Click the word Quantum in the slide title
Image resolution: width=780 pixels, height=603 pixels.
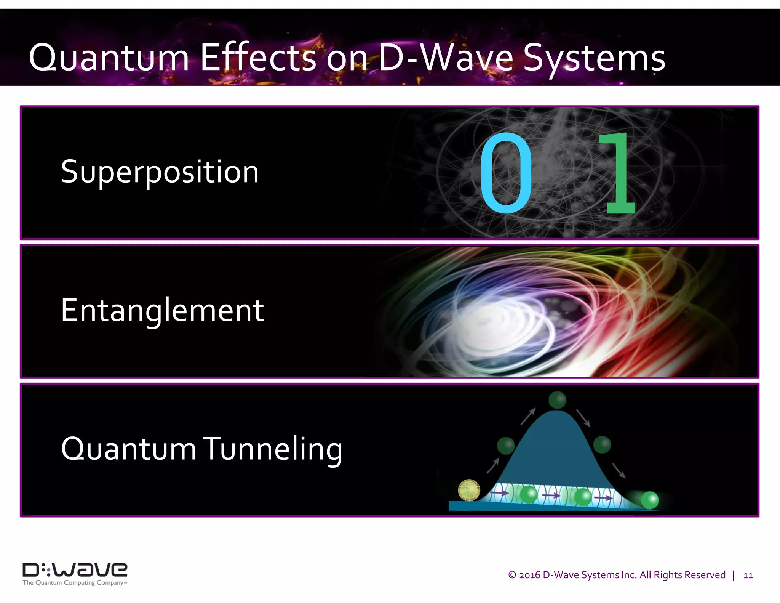pos(109,58)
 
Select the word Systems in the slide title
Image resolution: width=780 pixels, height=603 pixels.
pos(594,58)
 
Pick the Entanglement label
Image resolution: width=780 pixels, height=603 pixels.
pos(162,310)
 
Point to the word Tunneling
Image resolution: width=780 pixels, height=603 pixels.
pos(272,449)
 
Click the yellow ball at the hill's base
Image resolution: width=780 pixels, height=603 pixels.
pos(469,490)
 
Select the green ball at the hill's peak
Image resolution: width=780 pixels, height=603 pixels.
pos(557,400)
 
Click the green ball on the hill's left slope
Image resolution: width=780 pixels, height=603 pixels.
pos(506,445)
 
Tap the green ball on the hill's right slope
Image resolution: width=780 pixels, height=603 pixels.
pos(602,444)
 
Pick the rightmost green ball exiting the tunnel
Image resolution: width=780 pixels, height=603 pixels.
pos(649,500)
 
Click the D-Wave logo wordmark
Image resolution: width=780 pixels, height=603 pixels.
pos(75,570)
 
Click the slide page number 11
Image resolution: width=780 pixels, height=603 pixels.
pos(748,575)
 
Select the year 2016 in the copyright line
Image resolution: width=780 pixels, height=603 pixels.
pos(530,575)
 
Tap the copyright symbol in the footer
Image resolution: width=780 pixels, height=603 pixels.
pos(512,575)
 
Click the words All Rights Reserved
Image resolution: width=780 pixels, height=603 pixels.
pos(682,575)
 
